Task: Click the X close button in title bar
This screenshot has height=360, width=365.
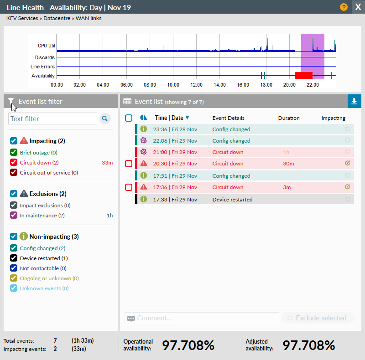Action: point(358,7)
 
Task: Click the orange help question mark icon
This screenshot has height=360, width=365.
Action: point(344,7)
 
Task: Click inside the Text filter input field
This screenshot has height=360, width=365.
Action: point(52,119)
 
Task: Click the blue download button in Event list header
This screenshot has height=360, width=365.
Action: point(355,102)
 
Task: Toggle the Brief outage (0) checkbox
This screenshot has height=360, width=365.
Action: point(13,153)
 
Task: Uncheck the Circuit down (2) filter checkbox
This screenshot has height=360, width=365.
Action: point(13,163)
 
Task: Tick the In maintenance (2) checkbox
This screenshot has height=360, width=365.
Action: point(13,216)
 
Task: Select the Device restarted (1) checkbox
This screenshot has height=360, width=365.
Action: point(13,258)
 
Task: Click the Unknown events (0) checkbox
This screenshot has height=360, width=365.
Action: point(13,288)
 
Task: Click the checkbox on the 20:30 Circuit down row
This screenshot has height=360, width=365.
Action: point(129,164)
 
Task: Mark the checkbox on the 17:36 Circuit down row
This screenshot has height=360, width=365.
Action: point(129,187)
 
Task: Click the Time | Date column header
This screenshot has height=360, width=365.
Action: point(169,118)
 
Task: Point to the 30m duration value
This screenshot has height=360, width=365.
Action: point(288,164)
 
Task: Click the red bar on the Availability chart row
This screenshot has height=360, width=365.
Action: point(304,75)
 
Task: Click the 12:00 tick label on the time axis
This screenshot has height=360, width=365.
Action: point(197,85)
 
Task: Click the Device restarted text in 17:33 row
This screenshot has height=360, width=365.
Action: point(232,199)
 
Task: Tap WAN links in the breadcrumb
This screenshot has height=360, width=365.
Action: point(89,19)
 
